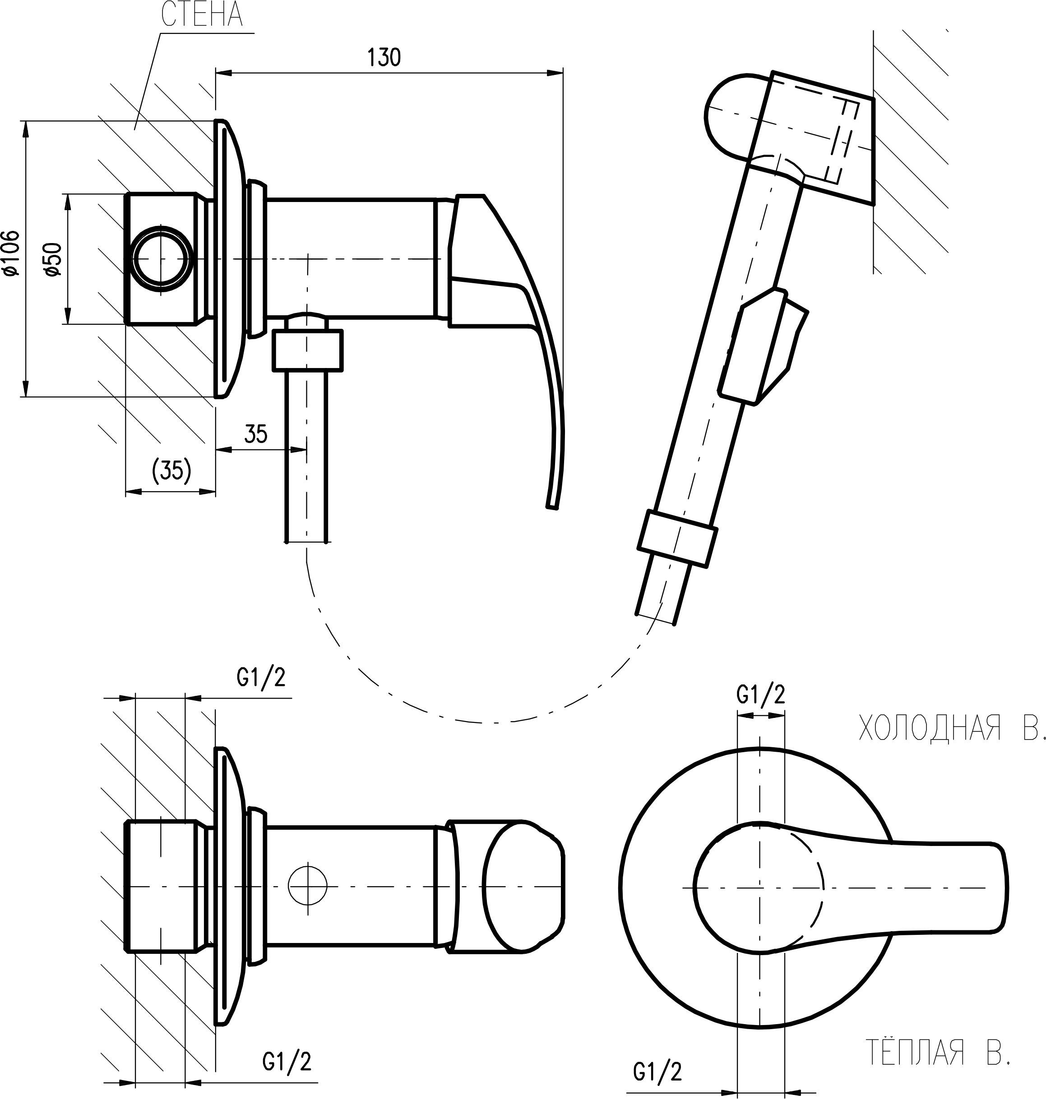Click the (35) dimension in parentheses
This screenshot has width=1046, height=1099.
pos(171,470)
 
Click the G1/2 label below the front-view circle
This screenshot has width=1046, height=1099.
pos(657,1071)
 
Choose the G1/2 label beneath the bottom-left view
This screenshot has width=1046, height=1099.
pos(287,1061)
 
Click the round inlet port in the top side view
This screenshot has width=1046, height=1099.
pos(162,259)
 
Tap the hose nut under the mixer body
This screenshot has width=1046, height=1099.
pos(307,350)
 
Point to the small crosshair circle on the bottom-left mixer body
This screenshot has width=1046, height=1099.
pos(308,886)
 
